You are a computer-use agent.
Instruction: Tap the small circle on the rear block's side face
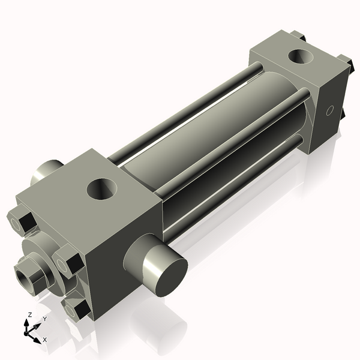point(328,111)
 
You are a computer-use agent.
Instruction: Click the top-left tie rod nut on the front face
point(20,221)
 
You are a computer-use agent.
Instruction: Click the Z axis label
point(30,314)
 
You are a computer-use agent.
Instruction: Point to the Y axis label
point(44,319)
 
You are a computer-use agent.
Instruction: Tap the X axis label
point(45,340)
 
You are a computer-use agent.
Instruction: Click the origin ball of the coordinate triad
point(27,331)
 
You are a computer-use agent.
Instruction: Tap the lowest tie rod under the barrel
point(240,180)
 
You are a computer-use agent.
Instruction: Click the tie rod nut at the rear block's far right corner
point(345,62)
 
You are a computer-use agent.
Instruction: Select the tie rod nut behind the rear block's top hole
point(301,40)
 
